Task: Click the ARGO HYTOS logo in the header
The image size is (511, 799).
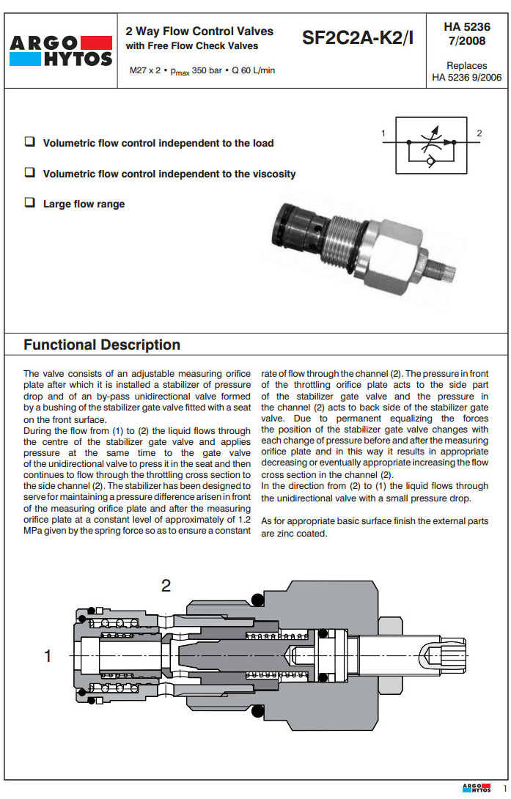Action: (60, 51)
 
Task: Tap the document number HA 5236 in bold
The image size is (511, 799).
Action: (467, 26)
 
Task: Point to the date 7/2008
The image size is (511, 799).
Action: (467, 40)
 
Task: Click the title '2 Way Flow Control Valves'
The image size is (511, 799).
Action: (199, 31)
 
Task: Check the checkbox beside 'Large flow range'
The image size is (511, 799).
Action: (30, 203)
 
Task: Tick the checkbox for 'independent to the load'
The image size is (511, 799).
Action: (30, 142)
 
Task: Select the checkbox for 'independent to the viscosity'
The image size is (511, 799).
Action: (30, 173)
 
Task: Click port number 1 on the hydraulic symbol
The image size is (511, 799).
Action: (383, 133)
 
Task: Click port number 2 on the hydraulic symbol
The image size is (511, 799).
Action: (479, 133)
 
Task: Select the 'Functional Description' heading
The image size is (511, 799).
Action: (102, 345)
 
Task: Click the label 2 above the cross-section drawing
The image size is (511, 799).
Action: (166, 586)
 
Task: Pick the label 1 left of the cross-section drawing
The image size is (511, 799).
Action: (48, 656)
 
